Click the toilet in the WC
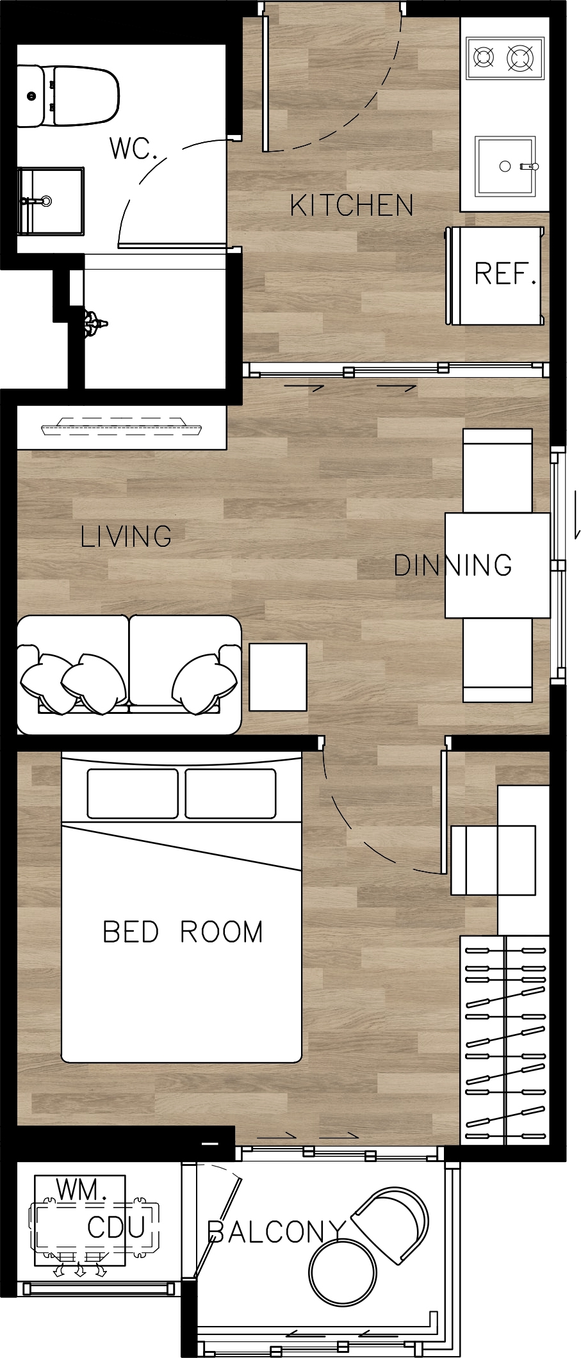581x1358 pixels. (68, 95)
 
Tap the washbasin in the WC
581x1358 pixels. (51, 201)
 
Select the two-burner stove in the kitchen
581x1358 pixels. (505, 58)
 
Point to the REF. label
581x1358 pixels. (505, 274)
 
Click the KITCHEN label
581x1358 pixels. (352, 206)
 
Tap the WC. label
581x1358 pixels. (133, 149)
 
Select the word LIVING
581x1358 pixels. (126, 536)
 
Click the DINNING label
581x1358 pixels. (453, 565)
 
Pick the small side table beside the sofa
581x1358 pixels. (278, 677)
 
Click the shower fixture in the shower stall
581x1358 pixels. (94, 323)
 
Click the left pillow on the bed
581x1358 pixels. (133, 794)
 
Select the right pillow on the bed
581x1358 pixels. (231, 794)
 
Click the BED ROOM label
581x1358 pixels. (183, 932)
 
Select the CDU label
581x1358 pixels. (116, 1227)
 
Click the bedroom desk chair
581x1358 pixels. (493, 860)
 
